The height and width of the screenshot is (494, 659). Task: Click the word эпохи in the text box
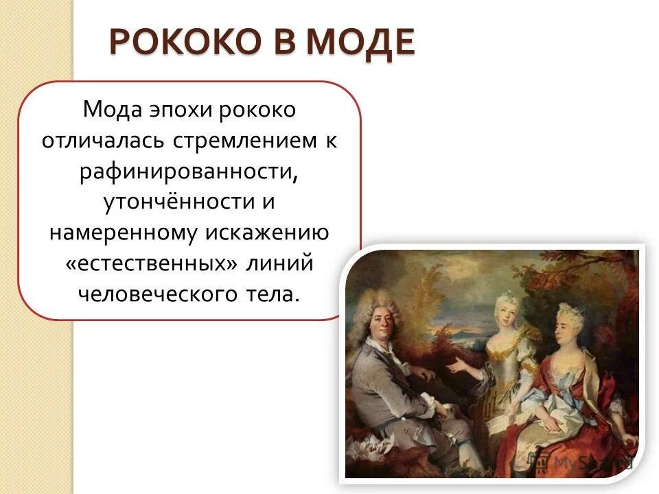(x=176, y=109)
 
